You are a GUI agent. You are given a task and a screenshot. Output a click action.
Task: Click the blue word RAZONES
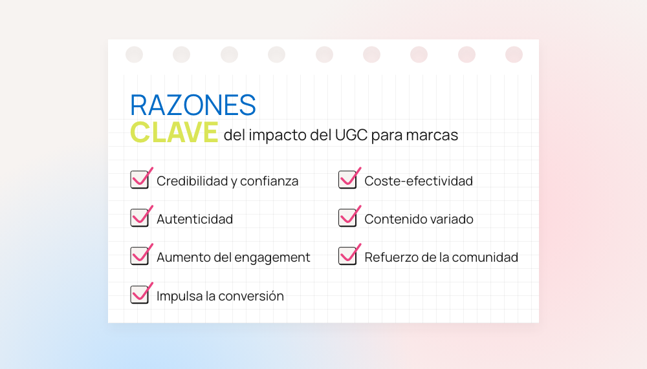point(193,105)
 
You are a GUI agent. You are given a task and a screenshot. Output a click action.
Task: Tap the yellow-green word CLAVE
point(174,132)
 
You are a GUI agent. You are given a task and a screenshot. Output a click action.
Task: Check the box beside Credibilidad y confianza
point(140,180)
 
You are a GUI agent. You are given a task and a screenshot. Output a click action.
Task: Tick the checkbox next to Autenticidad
point(140,218)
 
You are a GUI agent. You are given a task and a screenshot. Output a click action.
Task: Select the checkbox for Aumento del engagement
point(140,256)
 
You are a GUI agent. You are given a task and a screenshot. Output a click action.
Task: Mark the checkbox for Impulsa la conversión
point(140,295)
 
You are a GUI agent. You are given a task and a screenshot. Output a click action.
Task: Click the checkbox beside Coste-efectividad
point(347,180)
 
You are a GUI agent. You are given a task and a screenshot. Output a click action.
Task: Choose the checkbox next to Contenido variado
point(347,218)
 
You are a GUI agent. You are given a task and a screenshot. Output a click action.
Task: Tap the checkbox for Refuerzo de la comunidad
point(347,256)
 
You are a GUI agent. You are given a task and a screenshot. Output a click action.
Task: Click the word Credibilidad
point(192,181)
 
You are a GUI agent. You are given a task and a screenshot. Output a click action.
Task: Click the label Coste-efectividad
point(419,181)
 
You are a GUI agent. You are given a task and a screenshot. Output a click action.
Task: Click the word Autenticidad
point(195,219)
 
